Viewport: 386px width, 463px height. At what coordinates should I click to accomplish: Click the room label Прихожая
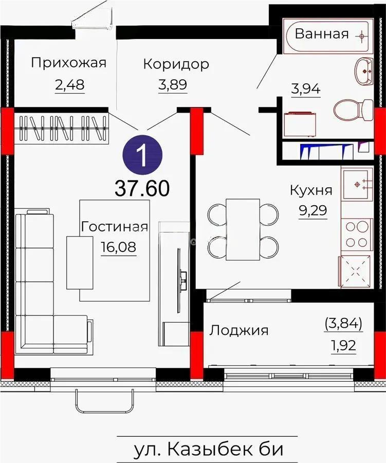68,63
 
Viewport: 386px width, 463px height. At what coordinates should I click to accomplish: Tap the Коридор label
176,64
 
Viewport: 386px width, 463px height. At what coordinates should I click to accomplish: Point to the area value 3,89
172,84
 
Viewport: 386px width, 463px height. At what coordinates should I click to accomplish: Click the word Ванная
321,34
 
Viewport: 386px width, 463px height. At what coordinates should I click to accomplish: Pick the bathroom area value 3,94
306,89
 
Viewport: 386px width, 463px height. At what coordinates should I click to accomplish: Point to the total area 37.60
142,188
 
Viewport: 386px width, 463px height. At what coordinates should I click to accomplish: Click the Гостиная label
115,226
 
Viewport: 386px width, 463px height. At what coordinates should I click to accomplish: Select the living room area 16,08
119,247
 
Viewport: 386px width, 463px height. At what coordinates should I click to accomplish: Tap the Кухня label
311,190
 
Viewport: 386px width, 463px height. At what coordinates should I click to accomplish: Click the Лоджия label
238,330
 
